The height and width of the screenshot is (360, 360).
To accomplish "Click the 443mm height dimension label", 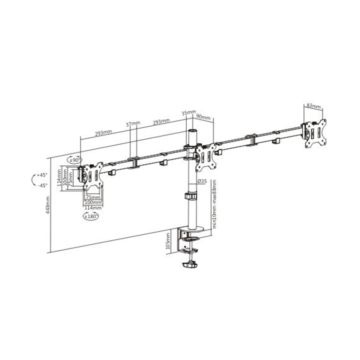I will click(47, 205).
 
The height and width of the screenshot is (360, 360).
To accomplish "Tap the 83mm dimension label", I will click(313, 106).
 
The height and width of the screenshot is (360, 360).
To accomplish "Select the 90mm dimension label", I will click(203, 116).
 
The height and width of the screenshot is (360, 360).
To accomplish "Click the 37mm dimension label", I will click(133, 124).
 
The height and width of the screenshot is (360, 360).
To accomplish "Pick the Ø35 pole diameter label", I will click(202, 181).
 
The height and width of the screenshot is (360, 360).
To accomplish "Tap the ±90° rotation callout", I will click(75, 160).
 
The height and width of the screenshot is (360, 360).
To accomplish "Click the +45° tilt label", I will click(42, 175).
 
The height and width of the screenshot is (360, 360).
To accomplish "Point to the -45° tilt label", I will click(42, 185).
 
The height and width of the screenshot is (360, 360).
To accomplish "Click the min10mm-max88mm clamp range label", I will click(214, 203).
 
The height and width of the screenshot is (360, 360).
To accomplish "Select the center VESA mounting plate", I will click(206, 157).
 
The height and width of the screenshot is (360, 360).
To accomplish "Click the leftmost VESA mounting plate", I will click(93, 177).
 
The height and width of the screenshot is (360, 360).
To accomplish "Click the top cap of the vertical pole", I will click(193, 132).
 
